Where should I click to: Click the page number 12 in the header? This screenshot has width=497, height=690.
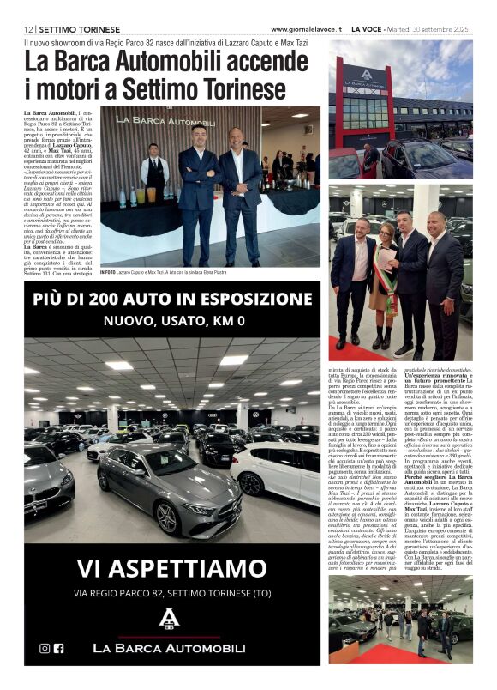click(28, 28)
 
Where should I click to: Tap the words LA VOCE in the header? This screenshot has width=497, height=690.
click(368, 28)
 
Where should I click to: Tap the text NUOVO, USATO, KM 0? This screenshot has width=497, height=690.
click(173, 321)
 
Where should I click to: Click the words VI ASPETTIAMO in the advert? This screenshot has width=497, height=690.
click(172, 568)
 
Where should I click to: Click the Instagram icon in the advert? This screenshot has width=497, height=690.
click(45, 648)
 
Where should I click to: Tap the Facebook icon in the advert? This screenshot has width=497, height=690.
click(59, 648)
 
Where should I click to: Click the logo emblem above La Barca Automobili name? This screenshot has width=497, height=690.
click(172, 620)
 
